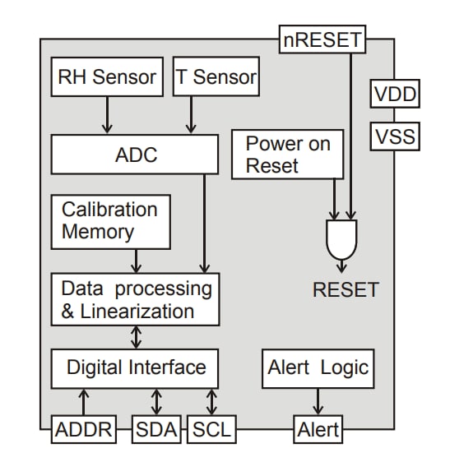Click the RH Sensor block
(x=107, y=77)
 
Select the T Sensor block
(x=216, y=77)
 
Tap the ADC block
(x=136, y=155)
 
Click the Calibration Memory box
(x=110, y=221)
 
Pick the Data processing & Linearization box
(x=136, y=299)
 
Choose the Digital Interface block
(x=136, y=367)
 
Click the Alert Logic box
(x=318, y=367)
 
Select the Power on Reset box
(x=287, y=155)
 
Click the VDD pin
(x=395, y=95)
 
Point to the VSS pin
(x=395, y=136)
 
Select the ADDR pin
(x=82, y=429)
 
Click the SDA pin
(x=157, y=429)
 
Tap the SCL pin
(x=212, y=429)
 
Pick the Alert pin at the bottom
(x=318, y=429)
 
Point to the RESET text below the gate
(x=346, y=289)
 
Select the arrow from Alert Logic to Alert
(x=318, y=402)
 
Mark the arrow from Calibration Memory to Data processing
(x=137, y=261)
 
